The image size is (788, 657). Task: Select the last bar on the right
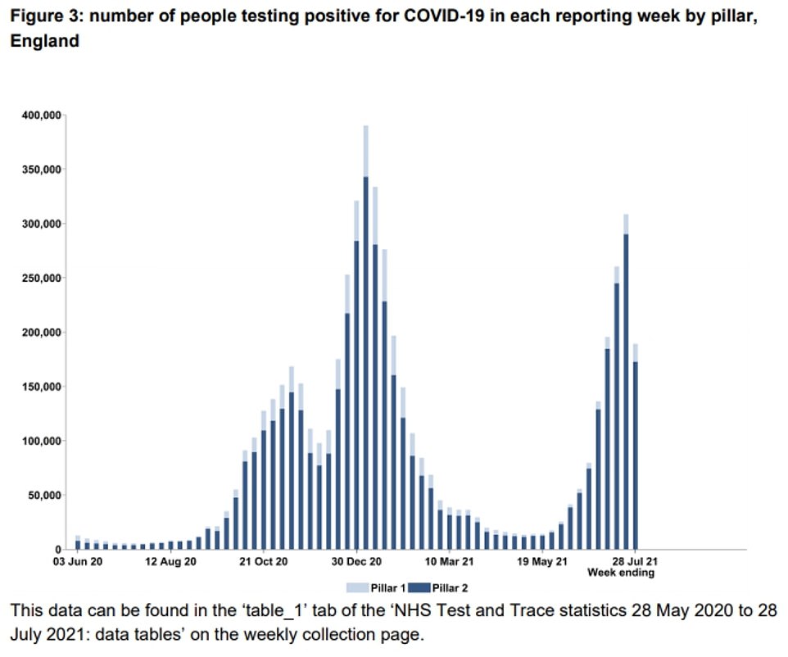pyautogui.click(x=635, y=451)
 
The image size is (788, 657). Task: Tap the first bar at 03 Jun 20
pyautogui.click(x=78, y=543)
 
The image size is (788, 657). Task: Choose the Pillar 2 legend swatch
pyautogui.click(x=419, y=587)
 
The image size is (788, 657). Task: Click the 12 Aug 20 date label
pyautogui.click(x=171, y=562)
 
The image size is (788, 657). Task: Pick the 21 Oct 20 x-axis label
pyautogui.click(x=264, y=562)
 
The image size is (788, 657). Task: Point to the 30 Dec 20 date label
pyautogui.click(x=356, y=562)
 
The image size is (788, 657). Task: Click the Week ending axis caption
pyautogui.click(x=620, y=573)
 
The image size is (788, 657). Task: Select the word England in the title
pyautogui.click(x=44, y=40)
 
